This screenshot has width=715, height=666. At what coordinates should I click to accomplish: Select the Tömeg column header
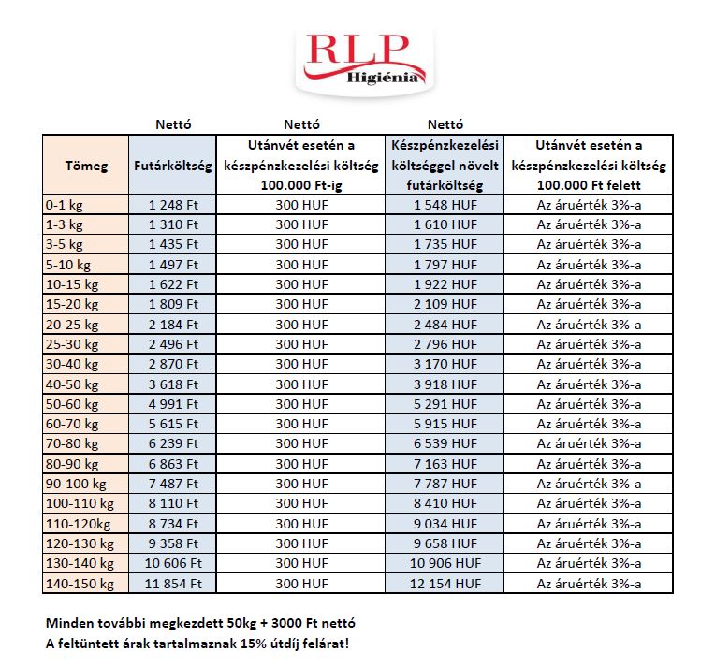click(x=86, y=166)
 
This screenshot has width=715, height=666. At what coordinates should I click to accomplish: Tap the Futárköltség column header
click(x=173, y=166)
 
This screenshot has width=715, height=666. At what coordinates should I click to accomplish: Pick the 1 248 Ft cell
click(x=173, y=205)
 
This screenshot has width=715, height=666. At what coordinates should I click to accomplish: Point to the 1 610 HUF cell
click(x=445, y=224)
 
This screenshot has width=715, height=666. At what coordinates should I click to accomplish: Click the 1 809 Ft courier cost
click(x=173, y=304)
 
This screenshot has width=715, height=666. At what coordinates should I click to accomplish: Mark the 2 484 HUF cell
click(x=445, y=324)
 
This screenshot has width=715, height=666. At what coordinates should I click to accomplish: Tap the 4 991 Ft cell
click(x=173, y=403)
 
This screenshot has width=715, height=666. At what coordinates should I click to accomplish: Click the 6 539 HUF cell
click(x=445, y=443)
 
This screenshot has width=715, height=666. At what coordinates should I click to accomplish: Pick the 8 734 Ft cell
click(x=173, y=523)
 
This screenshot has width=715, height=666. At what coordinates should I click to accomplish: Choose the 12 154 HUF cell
click(x=445, y=583)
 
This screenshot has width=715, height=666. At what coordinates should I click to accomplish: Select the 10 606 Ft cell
click(x=173, y=563)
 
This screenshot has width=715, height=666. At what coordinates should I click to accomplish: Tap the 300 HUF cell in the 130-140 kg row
click(x=300, y=563)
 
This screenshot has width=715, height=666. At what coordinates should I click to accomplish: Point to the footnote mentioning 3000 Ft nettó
click(x=200, y=623)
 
